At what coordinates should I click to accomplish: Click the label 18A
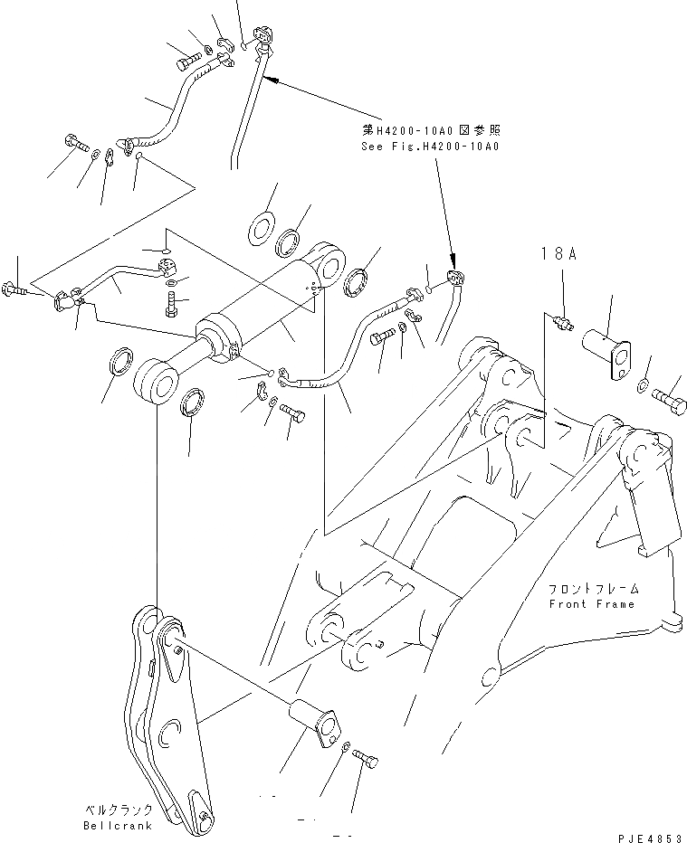pyautogui.click(x=559, y=255)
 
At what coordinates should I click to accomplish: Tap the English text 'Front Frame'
pyautogui.click(x=593, y=603)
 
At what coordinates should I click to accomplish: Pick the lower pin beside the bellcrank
pyautogui.click(x=312, y=720)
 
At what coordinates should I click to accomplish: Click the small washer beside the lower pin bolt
pyautogui.click(x=348, y=745)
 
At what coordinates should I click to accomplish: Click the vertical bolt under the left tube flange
pyautogui.click(x=172, y=306)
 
